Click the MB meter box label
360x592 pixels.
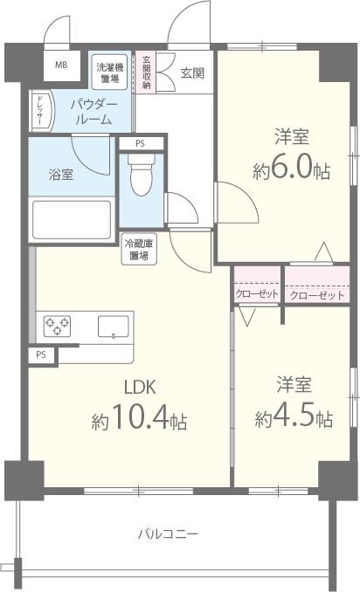click(61, 65)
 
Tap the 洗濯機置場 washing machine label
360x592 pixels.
click(109, 73)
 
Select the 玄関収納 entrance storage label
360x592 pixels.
click(146, 72)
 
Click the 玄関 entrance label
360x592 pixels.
click(192, 72)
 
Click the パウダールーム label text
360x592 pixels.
click(94, 113)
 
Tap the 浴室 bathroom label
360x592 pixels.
click(61, 175)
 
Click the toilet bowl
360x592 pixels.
click(141, 175)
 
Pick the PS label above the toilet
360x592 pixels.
click(140, 143)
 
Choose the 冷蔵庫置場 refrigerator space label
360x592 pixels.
click(139, 249)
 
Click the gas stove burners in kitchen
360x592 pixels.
click(58, 326)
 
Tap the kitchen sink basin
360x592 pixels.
click(114, 327)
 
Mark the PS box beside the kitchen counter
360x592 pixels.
click(41, 355)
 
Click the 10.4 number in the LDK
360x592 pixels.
click(140, 416)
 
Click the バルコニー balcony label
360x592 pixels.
click(168, 534)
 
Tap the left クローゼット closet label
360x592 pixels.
click(257, 293)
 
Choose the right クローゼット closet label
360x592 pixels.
click(317, 295)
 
